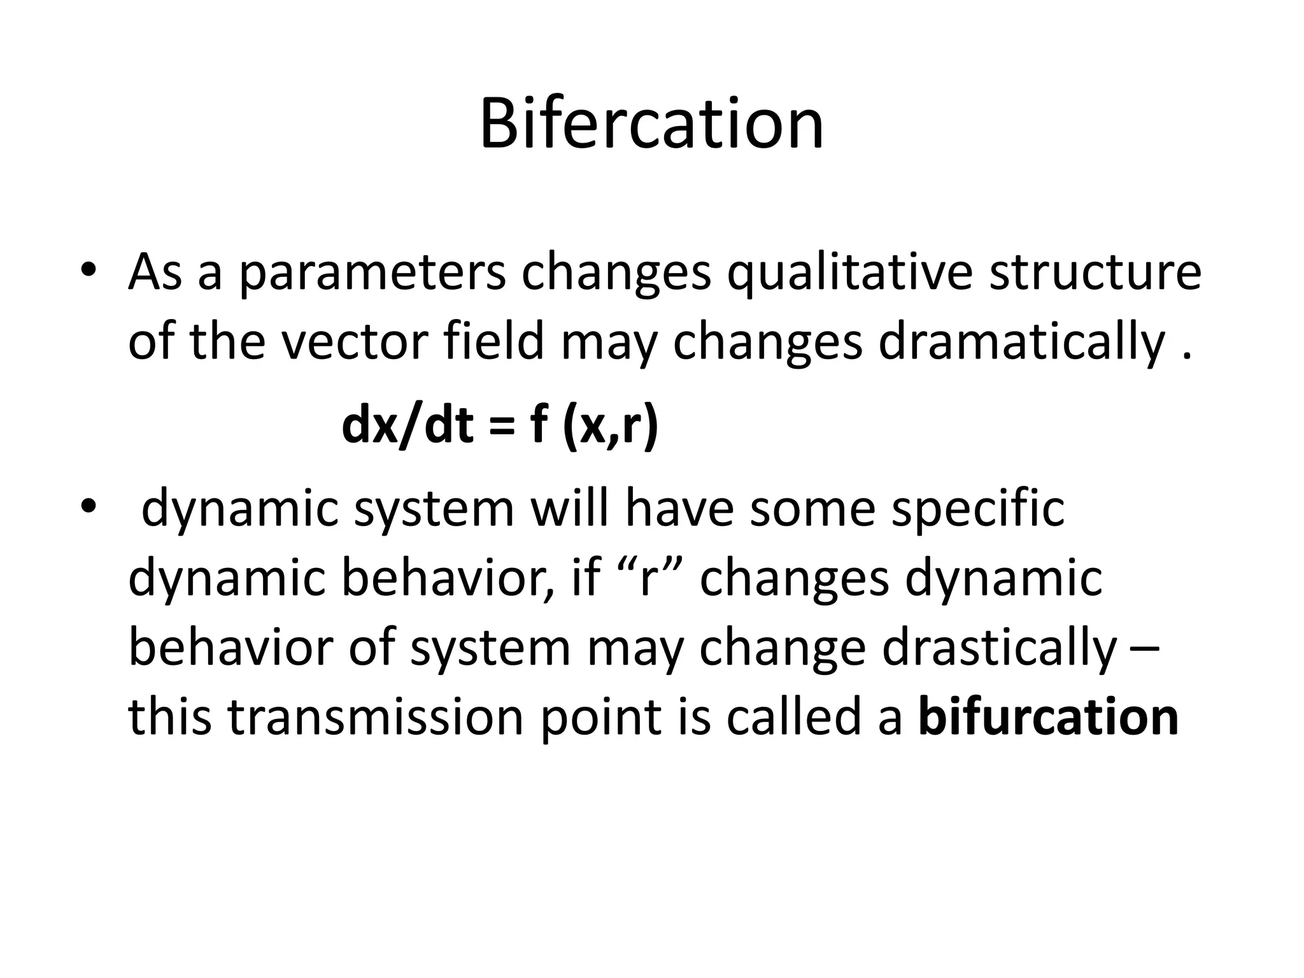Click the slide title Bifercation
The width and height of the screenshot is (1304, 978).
651,124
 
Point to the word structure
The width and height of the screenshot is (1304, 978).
1095,273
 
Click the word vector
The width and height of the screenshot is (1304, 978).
353,343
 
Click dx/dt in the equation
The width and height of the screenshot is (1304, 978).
407,426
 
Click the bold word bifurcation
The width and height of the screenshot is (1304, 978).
1048,718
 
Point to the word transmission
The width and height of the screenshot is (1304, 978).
376,718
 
